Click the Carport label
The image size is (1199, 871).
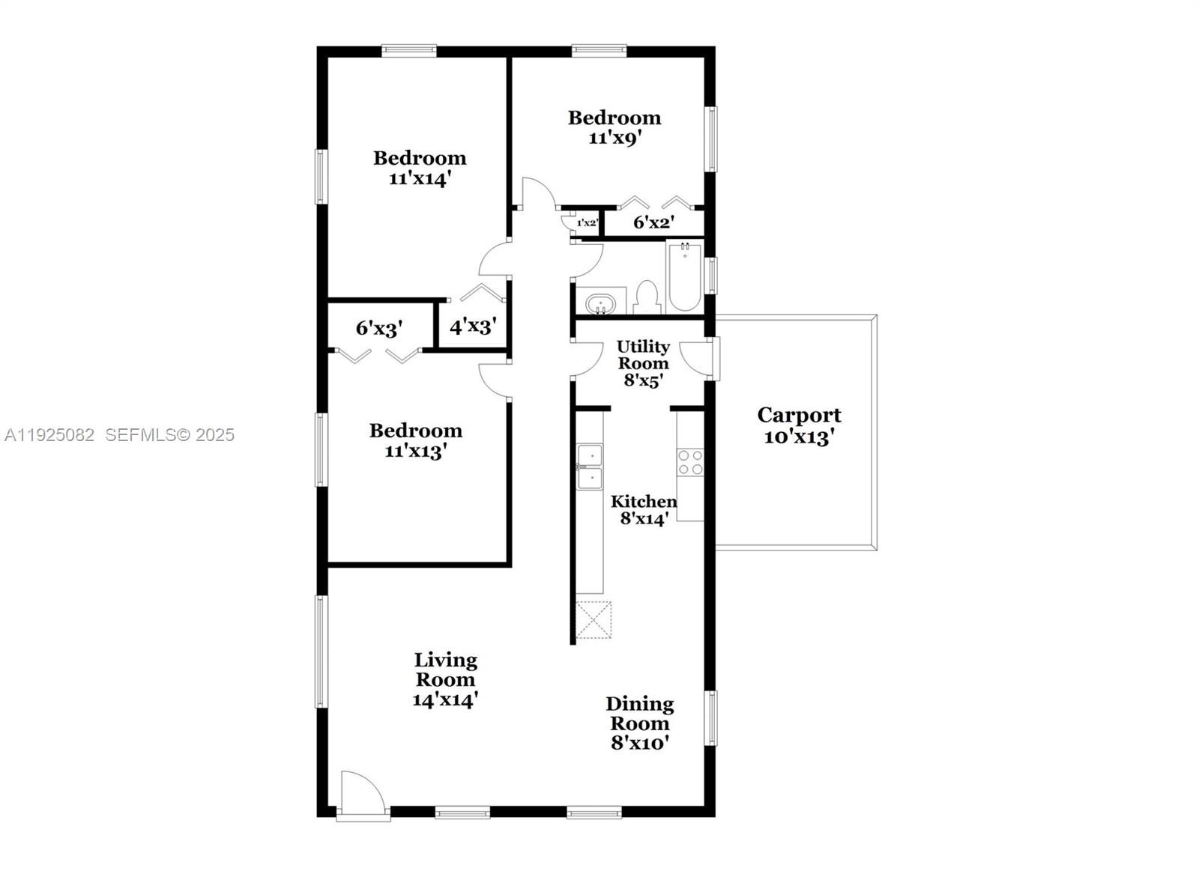click(799, 425)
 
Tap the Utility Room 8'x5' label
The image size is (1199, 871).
click(643, 363)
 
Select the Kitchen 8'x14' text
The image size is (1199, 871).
click(643, 510)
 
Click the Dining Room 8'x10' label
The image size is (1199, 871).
click(639, 723)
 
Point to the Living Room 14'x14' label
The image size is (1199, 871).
click(445, 679)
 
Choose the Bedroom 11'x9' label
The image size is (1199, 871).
click(614, 127)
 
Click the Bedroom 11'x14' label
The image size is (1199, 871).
click(420, 168)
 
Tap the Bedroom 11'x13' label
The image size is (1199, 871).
click(416, 440)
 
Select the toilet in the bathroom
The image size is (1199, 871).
click(646, 297)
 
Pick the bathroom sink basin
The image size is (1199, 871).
click(600, 305)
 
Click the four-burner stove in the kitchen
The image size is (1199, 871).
click(690, 462)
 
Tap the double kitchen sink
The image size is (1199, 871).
click(590, 467)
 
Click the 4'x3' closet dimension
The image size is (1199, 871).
click(472, 327)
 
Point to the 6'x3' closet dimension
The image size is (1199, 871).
click(379, 328)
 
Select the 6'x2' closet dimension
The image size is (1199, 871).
click(653, 222)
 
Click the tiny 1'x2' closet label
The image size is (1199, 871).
click(587, 222)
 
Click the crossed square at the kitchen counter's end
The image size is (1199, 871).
click(594, 619)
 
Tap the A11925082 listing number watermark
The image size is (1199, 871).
click(49, 434)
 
